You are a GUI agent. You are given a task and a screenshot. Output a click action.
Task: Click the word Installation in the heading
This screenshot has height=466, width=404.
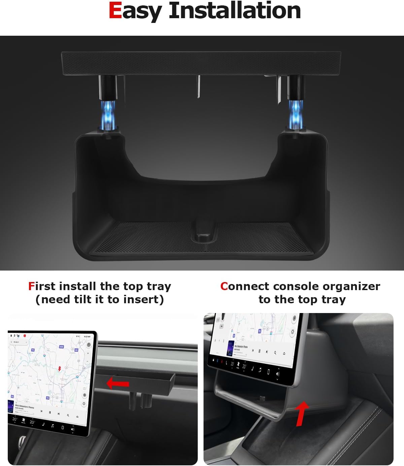(235, 11)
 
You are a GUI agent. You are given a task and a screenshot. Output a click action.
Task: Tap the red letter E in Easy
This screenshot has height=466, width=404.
(115, 11)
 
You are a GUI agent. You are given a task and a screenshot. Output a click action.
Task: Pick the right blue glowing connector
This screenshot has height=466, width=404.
(295, 111)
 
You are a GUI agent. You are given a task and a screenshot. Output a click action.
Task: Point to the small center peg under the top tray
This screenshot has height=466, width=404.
(198, 86)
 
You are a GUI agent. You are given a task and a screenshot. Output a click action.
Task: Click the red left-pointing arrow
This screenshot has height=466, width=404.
(118, 383)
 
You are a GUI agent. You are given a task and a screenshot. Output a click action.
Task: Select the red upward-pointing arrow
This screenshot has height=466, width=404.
(301, 413)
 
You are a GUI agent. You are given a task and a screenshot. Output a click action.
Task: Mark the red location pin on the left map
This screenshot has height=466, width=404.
(60, 369)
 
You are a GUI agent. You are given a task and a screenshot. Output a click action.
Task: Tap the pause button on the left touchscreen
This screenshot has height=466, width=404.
(50, 412)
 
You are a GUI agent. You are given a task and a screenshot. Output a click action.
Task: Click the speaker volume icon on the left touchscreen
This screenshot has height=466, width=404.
(72, 430)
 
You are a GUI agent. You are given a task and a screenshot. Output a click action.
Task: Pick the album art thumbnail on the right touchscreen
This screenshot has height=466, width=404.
(231, 347)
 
